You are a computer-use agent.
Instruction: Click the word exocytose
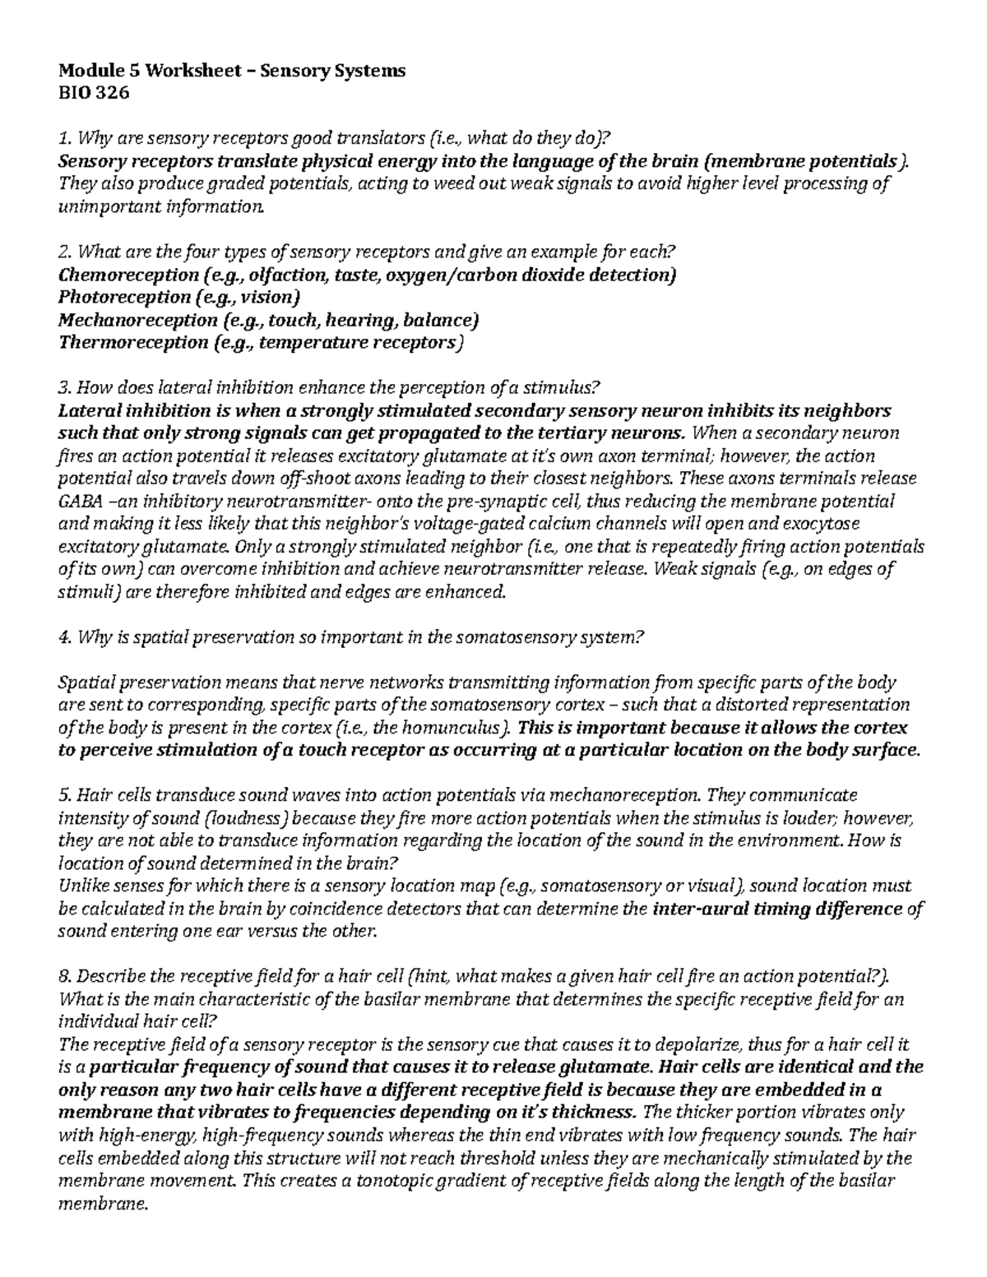click(863, 524)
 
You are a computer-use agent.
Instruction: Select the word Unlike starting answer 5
click(81, 886)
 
